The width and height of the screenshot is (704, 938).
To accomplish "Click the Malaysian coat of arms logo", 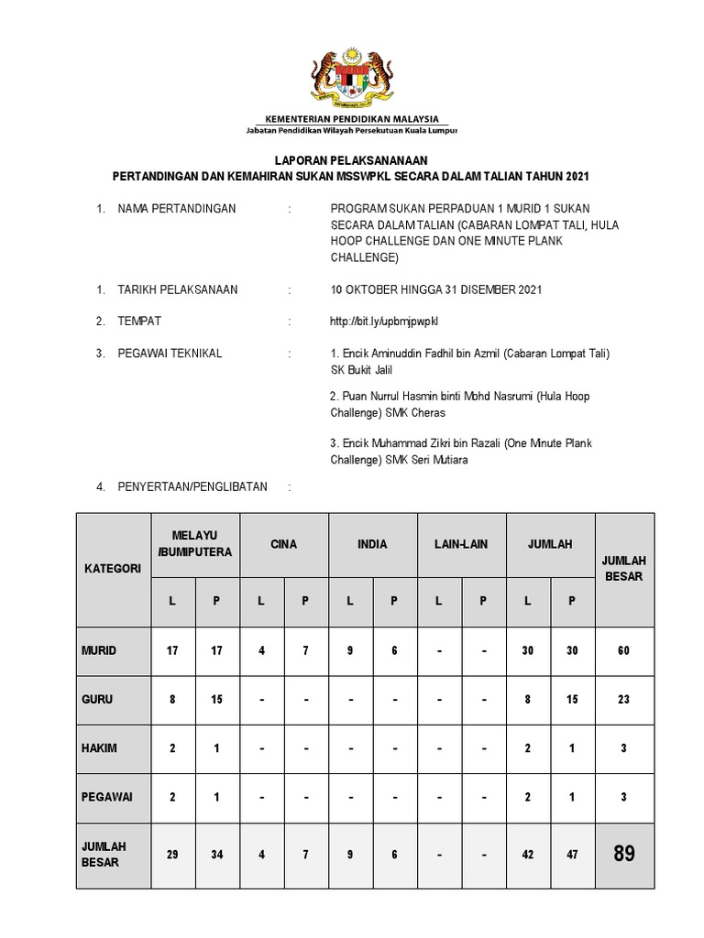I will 352,77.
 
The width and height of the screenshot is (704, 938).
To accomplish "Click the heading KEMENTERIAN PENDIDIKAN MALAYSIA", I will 352,119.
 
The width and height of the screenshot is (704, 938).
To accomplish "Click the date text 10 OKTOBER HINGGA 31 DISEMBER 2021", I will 436,289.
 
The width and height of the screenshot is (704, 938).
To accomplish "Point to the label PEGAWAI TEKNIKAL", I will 170,354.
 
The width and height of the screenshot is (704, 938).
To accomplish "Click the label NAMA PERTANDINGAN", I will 177,209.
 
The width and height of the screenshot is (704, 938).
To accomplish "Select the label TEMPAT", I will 140,322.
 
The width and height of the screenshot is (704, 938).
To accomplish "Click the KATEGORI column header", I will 114,569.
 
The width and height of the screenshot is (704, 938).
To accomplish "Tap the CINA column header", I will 283,544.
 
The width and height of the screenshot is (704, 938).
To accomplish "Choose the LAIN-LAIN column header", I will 461,544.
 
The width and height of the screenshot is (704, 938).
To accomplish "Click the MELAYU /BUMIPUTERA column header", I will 194,544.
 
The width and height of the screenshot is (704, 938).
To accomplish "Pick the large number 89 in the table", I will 624,854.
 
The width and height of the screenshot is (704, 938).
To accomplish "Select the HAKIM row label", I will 98,748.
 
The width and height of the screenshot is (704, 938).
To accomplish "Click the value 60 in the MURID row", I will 624,650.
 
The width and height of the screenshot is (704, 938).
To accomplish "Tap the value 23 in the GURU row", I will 624,699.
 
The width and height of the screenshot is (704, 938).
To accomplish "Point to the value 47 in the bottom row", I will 572,854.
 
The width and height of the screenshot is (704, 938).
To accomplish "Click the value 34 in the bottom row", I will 216,854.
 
